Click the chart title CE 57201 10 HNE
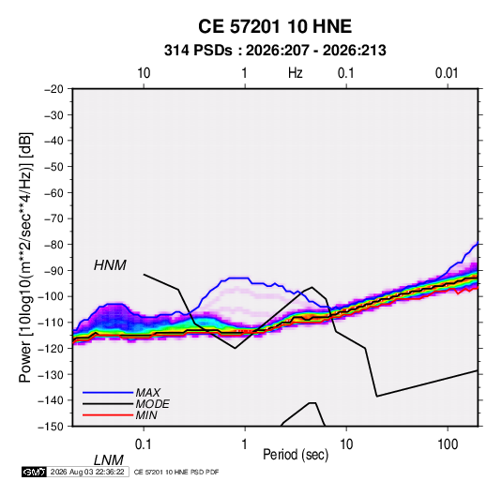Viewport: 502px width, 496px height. [275, 26]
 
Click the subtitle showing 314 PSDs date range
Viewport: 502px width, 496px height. [275, 51]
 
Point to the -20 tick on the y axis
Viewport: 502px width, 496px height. [53, 89]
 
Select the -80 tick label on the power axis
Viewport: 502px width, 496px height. [53, 245]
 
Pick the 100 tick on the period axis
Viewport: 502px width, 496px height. [448, 444]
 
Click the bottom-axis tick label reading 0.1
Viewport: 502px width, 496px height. [144, 444]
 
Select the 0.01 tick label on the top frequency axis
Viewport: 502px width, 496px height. [447, 73]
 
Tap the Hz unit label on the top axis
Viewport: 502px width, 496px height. [296, 73]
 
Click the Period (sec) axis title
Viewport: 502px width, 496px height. [296, 455]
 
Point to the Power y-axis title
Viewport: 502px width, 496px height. [25, 258]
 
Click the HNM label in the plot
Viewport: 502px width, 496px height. [110, 265]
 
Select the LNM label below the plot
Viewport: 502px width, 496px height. [108, 460]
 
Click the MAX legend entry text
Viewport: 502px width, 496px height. [147, 392]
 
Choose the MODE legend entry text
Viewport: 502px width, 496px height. [152, 404]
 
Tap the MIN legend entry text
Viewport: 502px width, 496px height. [146, 415]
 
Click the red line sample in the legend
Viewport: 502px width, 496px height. [108, 415]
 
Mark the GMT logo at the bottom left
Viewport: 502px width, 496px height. [34, 472]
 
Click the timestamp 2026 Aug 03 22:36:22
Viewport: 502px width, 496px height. [87, 472]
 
